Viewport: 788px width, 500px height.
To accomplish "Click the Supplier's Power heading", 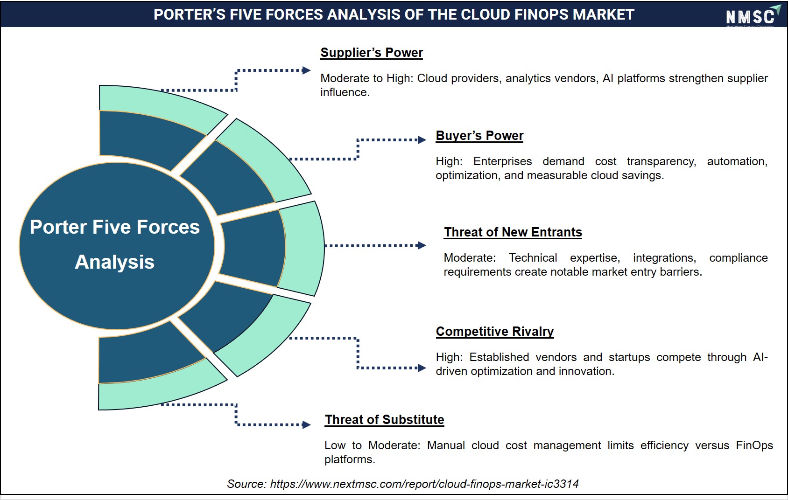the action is pyautogui.click(x=372, y=53).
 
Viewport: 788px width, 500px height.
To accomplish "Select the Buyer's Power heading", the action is pyautogui.click(x=479, y=136).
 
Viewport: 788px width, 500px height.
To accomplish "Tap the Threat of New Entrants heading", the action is pyautogui.click(x=513, y=232).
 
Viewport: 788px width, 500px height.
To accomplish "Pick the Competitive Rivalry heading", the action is pyautogui.click(x=495, y=331).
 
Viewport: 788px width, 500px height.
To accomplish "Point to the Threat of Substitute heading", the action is pyautogui.click(x=384, y=419).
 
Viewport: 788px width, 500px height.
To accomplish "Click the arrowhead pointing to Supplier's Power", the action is pyautogui.click(x=306, y=70).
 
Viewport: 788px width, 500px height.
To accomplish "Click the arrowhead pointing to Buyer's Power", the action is pyautogui.click(x=422, y=140).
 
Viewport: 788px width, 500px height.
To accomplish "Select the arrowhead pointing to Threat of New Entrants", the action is pyautogui.click(x=422, y=245).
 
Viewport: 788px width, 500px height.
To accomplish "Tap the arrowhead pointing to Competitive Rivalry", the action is pyautogui.click(x=422, y=368).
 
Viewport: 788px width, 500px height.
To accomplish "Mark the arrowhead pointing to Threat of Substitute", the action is pyautogui.click(x=306, y=425).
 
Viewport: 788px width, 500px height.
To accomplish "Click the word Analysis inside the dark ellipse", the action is pyautogui.click(x=115, y=262).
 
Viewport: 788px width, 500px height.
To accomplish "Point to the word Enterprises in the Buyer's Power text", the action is pyautogui.click(x=502, y=161).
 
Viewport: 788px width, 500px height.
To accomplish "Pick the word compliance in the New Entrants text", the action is pyautogui.click(x=739, y=258).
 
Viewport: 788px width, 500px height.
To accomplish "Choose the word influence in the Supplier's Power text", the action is pyautogui.click(x=345, y=92).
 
